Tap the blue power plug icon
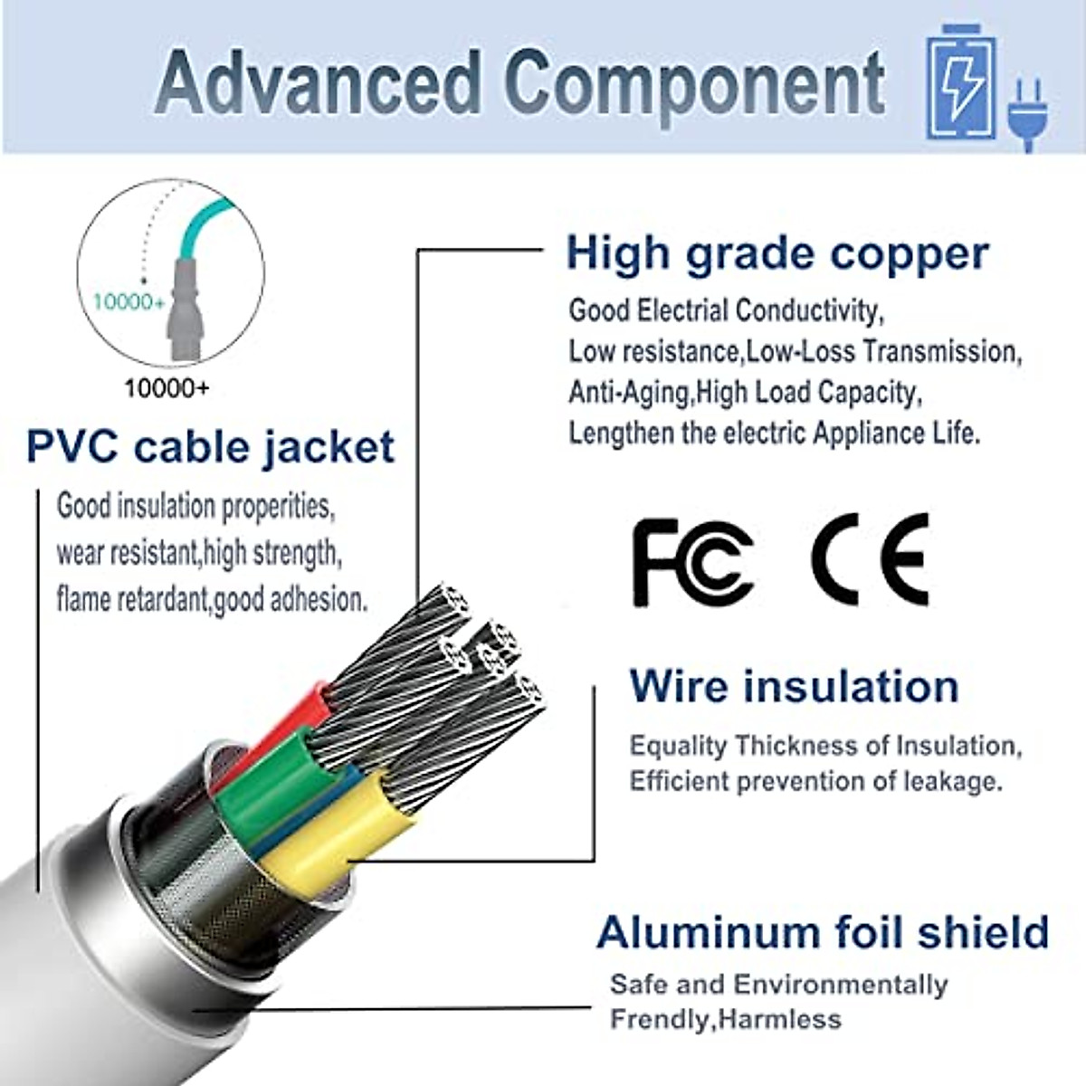pos(1029,113)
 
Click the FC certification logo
pos(692,561)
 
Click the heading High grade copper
pos(776,253)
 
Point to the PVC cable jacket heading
pos(210,448)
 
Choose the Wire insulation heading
pos(794,685)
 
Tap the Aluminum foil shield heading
pos(823,932)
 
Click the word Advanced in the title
pos(318,84)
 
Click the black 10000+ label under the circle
pos(167,389)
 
